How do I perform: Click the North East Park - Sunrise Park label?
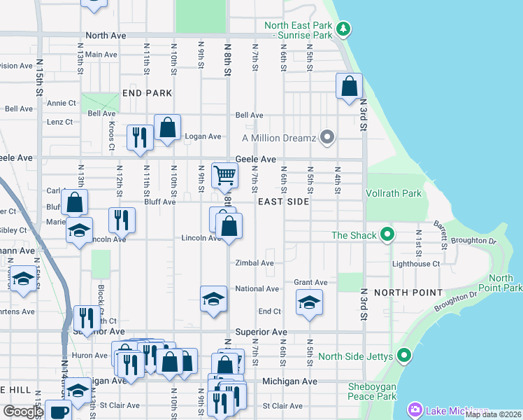tap(298, 30)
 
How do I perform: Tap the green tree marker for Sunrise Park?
tap(343, 29)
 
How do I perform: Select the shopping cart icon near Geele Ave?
tap(224, 174)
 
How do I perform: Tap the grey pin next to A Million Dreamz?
tap(326, 137)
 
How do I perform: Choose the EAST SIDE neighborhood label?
tap(283, 202)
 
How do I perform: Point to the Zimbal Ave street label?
tap(254, 263)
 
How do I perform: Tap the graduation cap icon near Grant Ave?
tap(308, 303)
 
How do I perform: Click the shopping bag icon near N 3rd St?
tap(349, 87)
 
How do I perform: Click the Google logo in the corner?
tap(22, 411)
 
